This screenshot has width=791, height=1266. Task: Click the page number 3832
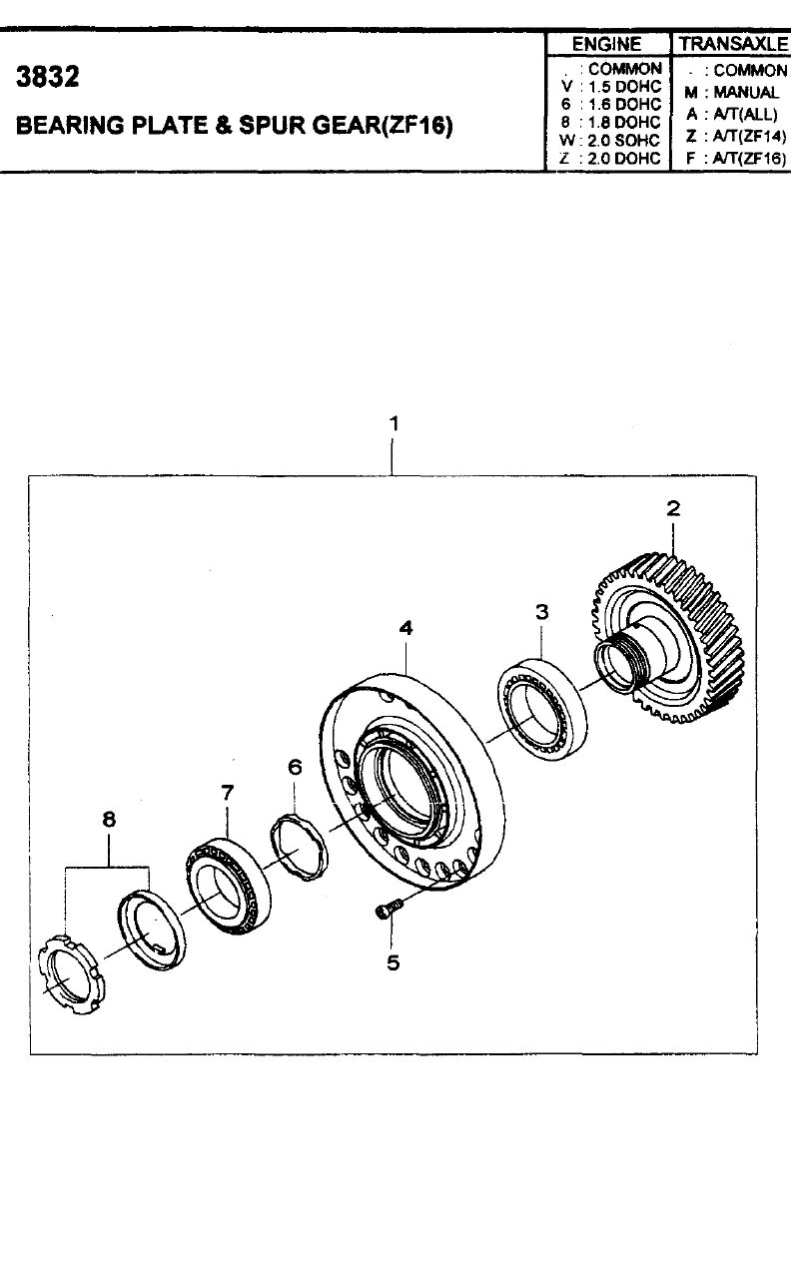coord(48,77)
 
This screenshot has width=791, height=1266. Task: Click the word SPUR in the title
coord(272,125)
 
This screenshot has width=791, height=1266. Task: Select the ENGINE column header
coord(606,44)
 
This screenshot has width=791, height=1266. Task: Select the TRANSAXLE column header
coord(733,44)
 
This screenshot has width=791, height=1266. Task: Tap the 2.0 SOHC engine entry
coord(623,140)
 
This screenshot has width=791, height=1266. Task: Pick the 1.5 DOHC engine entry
coord(624,87)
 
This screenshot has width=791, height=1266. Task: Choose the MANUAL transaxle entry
coord(746,92)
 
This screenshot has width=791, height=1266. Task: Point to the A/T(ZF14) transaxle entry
coord(750,136)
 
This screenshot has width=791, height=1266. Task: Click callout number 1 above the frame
coord(395,423)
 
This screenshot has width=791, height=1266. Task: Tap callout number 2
coord(673,508)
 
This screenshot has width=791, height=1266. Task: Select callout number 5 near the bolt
coord(394,961)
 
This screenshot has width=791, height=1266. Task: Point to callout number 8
coord(109,819)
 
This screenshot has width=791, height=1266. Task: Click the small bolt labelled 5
coord(389,909)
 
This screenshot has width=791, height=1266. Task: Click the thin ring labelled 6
coord(299,848)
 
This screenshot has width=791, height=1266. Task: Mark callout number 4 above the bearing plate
coord(405,628)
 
